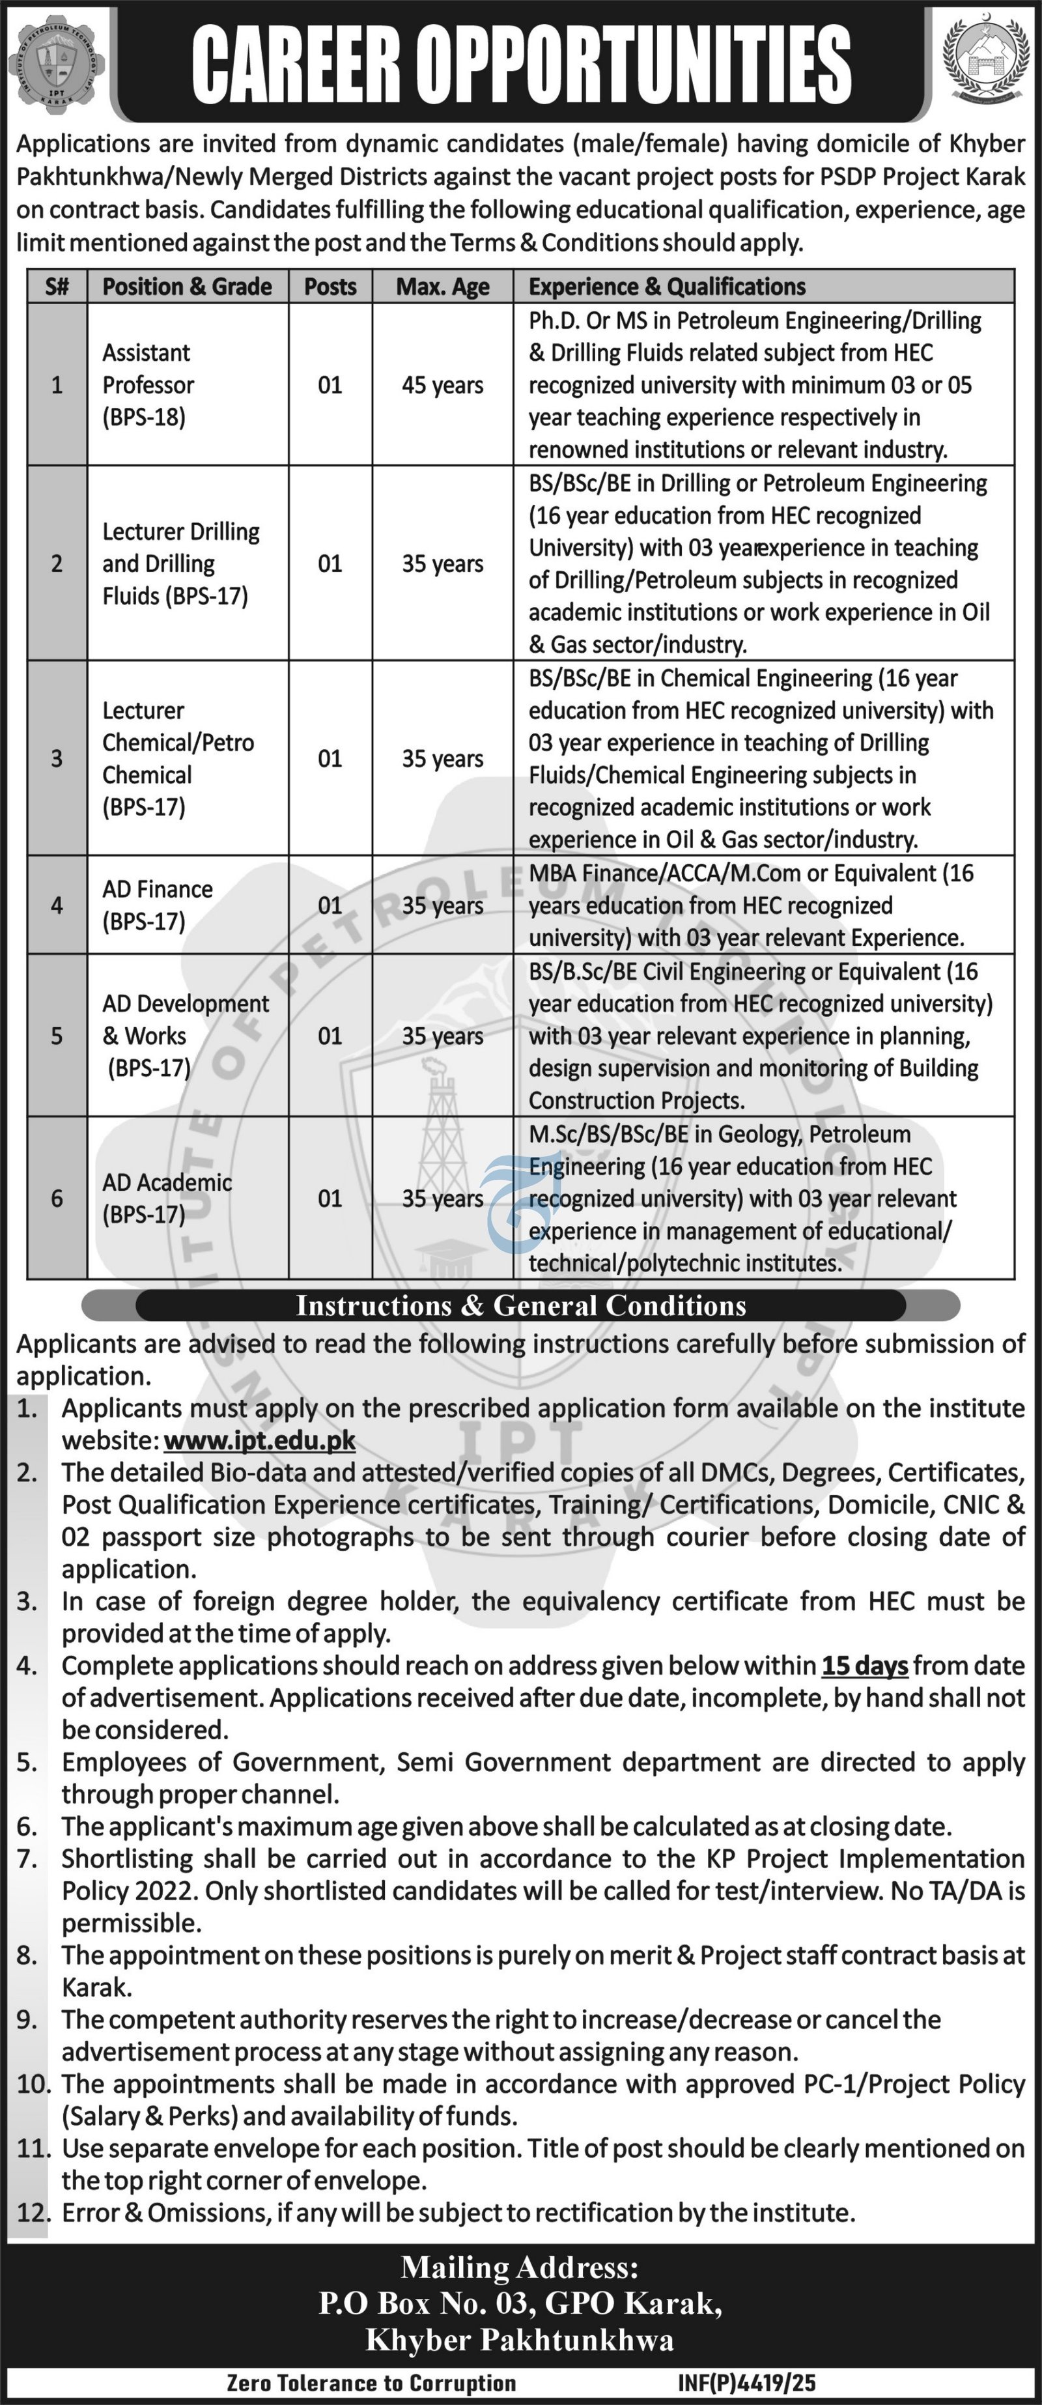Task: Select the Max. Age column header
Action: tap(443, 287)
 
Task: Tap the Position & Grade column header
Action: tap(187, 287)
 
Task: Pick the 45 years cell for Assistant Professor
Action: tap(443, 384)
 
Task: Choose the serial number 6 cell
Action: tap(57, 1198)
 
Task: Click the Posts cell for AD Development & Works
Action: tap(330, 1035)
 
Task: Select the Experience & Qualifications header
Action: tap(667, 287)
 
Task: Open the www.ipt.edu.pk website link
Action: tap(260, 1440)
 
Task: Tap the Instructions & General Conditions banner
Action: tap(521, 1305)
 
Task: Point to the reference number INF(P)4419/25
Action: tap(747, 2384)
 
